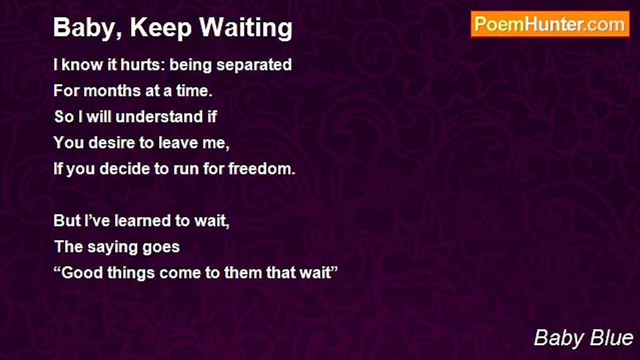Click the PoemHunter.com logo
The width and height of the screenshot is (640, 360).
[550, 24]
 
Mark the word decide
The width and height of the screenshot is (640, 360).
[125, 169]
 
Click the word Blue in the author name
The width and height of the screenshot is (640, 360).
[612, 338]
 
